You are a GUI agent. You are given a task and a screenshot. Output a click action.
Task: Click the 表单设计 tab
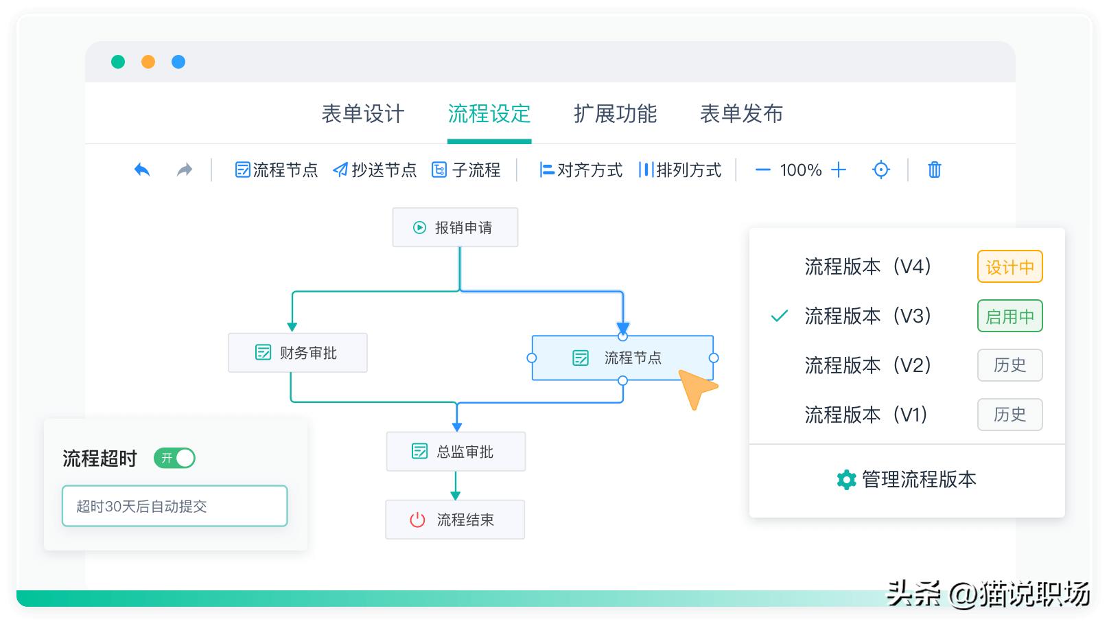click(x=363, y=114)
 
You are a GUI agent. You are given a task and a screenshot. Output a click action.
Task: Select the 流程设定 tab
click(x=489, y=114)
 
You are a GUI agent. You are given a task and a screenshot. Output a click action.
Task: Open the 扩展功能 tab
click(x=615, y=114)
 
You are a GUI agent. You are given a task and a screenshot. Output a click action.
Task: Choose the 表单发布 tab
click(x=741, y=114)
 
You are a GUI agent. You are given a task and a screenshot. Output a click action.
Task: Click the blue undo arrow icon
click(x=142, y=170)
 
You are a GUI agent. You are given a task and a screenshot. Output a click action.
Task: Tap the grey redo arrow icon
click(x=185, y=170)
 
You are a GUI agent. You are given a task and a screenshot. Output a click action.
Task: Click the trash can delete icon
click(x=934, y=170)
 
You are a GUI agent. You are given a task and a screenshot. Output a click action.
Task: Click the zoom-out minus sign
click(x=762, y=170)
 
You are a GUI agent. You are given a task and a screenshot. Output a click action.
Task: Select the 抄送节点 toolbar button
click(x=375, y=170)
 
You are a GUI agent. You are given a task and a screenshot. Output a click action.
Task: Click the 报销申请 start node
click(x=455, y=227)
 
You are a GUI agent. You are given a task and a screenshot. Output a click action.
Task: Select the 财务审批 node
click(x=297, y=353)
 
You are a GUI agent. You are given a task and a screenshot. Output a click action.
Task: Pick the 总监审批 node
click(x=456, y=451)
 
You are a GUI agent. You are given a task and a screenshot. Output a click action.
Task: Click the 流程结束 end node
click(x=455, y=520)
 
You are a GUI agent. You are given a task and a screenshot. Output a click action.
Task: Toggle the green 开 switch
click(x=175, y=458)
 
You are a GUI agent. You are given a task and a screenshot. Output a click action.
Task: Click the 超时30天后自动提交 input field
click(x=174, y=506)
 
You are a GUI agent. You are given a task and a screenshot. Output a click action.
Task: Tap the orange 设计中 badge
click(x=1009, y=267)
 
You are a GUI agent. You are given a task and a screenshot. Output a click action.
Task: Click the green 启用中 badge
click(x=1009, y=316)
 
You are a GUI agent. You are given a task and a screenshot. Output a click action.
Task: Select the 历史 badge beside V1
click(x=1009, y=415)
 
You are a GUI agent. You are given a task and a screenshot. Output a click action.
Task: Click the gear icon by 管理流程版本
click(x=846, y=480)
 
